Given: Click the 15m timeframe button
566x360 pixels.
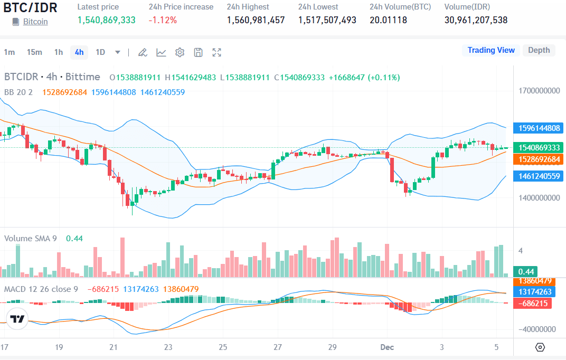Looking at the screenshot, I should click(34, 52).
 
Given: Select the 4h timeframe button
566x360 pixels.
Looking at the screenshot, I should click(79, 52).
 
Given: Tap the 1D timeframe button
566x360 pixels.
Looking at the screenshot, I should click(100, 52).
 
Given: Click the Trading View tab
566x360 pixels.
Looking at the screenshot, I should click(490, 50).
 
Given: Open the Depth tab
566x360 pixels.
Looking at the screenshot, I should click(539, 50).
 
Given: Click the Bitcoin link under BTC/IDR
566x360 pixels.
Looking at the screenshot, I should click(35, 22).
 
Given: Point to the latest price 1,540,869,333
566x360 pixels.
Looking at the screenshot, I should click(106, 20).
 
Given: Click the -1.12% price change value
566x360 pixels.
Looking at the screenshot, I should click(163, 20).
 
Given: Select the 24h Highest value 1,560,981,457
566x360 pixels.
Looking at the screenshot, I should click(256, 20).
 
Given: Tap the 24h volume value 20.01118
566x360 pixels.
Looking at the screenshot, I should click(388, 20).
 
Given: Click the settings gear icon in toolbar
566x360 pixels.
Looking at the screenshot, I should click(180, 52).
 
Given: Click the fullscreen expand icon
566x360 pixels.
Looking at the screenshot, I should click(216, 52).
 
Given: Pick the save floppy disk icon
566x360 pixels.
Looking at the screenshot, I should click(198, 52).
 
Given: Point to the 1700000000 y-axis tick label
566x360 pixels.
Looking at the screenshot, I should click(539, 91).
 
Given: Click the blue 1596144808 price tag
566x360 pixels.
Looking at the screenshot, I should click(539, 128).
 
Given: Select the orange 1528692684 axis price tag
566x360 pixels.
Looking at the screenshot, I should click(539, 159).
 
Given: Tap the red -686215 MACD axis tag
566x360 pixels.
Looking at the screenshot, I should click(534, 304).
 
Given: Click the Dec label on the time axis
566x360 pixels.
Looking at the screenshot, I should click(388, 347).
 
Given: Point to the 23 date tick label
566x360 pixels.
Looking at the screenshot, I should click(168, 347).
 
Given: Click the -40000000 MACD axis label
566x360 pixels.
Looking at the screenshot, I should click(537, 329).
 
